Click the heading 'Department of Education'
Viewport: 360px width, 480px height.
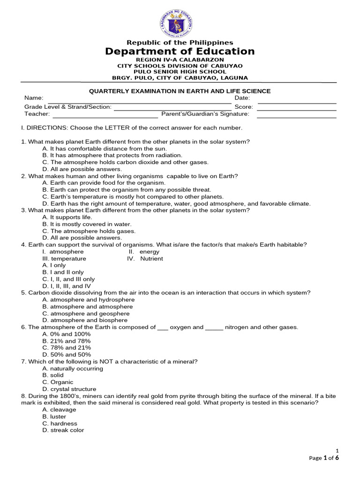click(x=180, y=52)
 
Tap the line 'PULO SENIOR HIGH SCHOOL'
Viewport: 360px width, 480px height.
click(x=180, y=72)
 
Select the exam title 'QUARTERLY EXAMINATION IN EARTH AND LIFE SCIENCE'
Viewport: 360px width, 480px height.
click(x=180, y=91)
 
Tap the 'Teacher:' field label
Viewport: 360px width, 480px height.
click(x=37, y=114)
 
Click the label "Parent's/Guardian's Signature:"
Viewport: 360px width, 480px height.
click(x=205, y=114)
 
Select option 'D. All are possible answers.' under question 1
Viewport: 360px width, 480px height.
click(x=82, y=169)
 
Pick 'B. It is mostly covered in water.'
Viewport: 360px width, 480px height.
click(x=87, y=225)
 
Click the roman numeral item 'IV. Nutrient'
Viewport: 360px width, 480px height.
click(x=145, y=259)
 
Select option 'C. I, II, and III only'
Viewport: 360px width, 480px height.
click(x=68, y=279)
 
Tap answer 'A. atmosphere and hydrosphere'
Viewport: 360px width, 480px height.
click(x=88, y=300)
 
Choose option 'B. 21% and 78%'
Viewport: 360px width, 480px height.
click(x=66, y=341)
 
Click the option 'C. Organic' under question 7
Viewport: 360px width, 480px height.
click(x=58, y=382)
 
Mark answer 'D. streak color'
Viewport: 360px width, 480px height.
click(x=63, y=430)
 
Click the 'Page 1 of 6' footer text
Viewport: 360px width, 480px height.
click(x=324, y=458)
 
